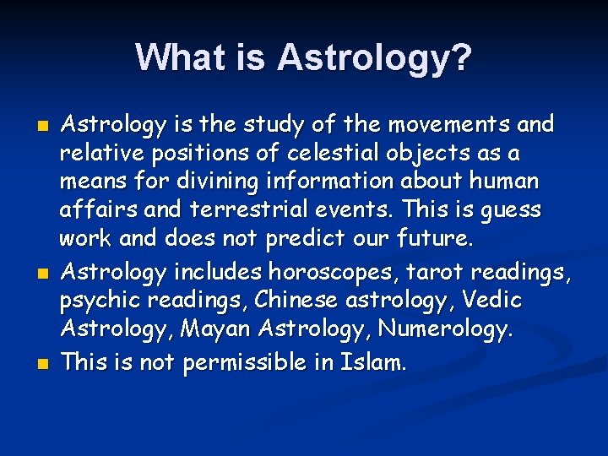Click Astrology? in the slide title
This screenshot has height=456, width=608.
[375, 57]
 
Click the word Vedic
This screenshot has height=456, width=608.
[493, 301]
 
